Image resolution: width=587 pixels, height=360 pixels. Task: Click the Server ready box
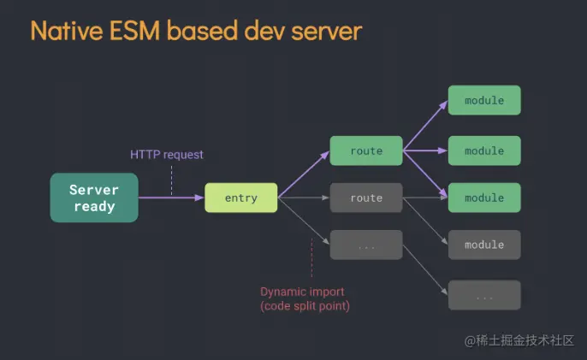(94, 198)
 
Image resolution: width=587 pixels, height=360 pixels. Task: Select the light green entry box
(241, 198)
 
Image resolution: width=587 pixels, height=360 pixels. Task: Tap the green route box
(366, 150)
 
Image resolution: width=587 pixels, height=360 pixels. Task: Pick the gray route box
(366, 198)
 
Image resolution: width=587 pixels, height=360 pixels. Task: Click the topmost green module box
(484, 100)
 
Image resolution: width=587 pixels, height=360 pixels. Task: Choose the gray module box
(484, 245)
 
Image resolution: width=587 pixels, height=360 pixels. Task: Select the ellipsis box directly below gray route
(366, 245)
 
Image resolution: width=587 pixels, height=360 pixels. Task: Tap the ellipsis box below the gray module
(484, 295)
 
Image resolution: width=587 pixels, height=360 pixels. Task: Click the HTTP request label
(167, 155)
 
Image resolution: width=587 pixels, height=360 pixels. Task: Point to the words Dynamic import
(302, 292)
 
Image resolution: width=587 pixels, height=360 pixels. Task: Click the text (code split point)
(305, 306)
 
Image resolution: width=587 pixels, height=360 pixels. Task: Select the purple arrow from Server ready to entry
(171, 198)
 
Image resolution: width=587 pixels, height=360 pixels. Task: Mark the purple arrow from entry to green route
(304, 174)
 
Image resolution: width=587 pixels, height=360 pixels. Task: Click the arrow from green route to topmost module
(425, 126)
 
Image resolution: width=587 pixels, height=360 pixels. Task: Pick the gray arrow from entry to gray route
(304, 198)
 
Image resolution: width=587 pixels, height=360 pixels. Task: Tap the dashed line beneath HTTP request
(172, 180)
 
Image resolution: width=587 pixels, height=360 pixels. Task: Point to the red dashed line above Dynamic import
(311, 258)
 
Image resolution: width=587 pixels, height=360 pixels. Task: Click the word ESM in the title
(135, 31)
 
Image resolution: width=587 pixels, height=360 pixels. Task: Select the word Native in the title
(67, 31)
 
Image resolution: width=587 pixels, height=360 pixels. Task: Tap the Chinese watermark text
(519, 340)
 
